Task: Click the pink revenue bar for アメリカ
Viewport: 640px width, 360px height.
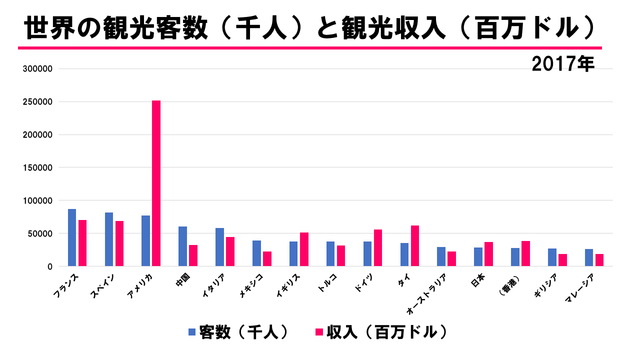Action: click(156, 183)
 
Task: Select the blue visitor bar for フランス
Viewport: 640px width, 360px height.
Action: click(72, 237)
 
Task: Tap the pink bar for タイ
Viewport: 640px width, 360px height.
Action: click(415, 245)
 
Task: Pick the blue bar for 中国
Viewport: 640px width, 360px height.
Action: click(182, 246)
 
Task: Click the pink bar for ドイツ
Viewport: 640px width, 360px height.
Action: click(378, 247)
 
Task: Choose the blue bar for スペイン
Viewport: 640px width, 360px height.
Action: click(109, 239)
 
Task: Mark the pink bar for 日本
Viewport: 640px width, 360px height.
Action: click(488, 254)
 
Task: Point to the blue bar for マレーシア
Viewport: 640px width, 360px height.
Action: click(589, 257)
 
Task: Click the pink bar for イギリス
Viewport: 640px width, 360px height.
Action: click(304, 249)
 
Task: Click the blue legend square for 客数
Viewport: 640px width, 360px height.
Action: click(192, 332)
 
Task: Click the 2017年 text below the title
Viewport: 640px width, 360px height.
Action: click(563, 64)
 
